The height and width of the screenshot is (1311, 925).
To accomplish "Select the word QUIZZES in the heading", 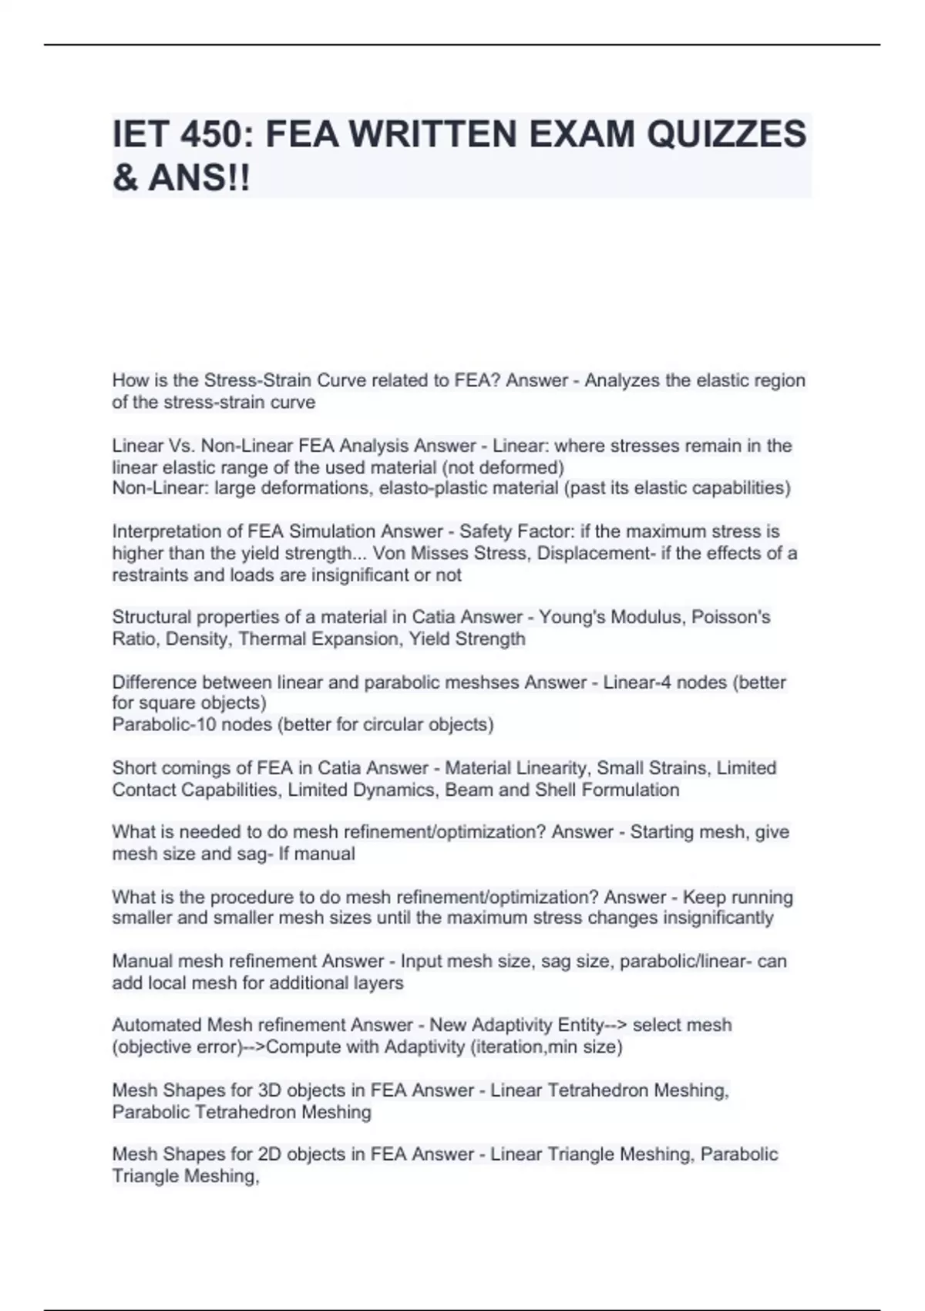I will [726, 134].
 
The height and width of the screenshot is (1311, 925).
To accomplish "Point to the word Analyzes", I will [620, 381].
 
